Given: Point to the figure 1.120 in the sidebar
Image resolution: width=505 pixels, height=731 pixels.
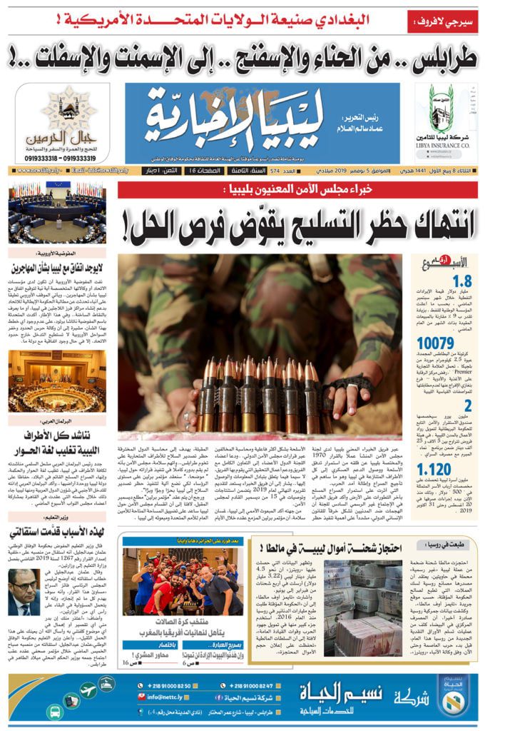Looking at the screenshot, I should pyautogui.click(x=455, y=469).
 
